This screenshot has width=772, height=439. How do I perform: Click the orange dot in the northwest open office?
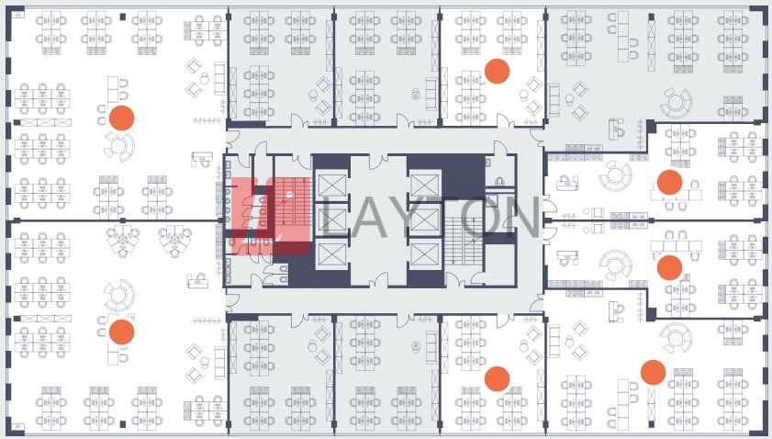coord(121,118)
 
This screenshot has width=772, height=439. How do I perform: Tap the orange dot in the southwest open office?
coord(121,332)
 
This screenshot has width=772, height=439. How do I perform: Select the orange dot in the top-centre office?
coord(497,72)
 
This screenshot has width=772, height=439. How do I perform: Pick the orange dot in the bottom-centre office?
coord(497,378)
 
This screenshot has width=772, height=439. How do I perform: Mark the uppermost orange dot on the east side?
coord(669,182)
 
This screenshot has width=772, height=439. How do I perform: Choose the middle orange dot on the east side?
coord(669,267)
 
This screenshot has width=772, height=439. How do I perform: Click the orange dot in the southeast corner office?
coord(653,373)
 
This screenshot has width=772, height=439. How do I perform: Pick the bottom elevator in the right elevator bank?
coord(424,253)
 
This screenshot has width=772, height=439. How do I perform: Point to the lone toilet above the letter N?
coord(501,182)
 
